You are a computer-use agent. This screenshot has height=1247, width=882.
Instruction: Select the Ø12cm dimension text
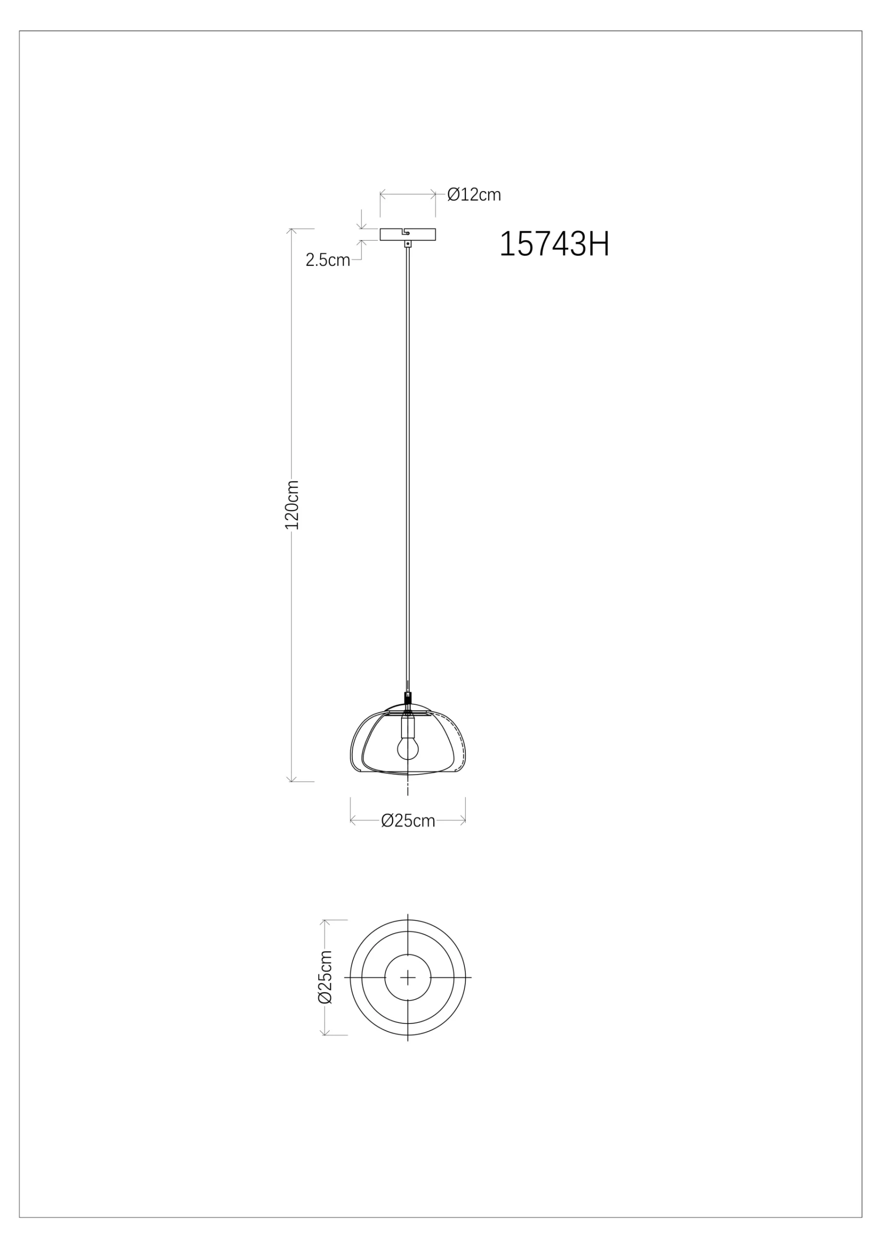(474, 194)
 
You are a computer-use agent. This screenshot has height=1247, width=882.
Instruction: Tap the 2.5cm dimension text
(327, 260)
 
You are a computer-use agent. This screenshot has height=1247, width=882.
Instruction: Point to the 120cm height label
(292, 505)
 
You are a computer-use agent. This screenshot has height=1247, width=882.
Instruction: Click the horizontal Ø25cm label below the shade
(408, 821)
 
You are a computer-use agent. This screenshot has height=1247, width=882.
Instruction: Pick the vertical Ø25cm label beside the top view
(325, 977)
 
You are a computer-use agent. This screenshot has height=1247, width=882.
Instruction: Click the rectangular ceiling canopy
(407, 234)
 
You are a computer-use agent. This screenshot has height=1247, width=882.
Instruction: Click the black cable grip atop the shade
(407, 698)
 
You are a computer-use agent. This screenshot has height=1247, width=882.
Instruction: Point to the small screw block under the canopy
(407, 245)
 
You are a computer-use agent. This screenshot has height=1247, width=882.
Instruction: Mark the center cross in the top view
(407, 978)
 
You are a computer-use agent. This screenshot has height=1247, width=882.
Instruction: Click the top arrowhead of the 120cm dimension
(292, 230)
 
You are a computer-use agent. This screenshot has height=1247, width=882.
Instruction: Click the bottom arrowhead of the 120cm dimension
(292, 780)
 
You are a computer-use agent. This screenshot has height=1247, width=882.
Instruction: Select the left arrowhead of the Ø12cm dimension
(382, 193)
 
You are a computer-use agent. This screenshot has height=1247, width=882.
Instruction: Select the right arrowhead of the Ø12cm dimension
(434, 193)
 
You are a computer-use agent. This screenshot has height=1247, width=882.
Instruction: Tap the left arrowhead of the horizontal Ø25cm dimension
(353, 821)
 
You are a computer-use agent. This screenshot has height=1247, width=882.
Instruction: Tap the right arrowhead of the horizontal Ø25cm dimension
(463, 821)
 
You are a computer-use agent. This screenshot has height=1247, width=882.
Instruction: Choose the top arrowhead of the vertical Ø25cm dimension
(325, 922)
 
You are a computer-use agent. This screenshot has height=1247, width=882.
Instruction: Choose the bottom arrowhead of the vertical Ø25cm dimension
(325, 1033)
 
